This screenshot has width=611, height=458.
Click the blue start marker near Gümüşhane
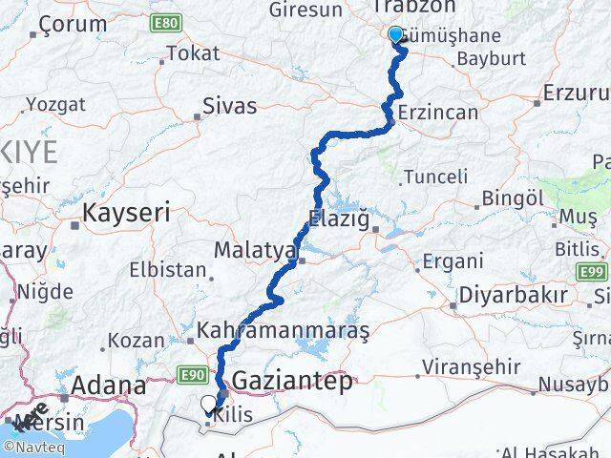(396, 35)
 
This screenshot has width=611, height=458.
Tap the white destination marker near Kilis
(209, 404)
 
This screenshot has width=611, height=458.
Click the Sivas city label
(230, 106)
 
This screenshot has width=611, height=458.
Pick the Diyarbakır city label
(513, 295)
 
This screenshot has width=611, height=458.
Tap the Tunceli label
(436, 177)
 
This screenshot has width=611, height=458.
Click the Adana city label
(113, 386)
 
